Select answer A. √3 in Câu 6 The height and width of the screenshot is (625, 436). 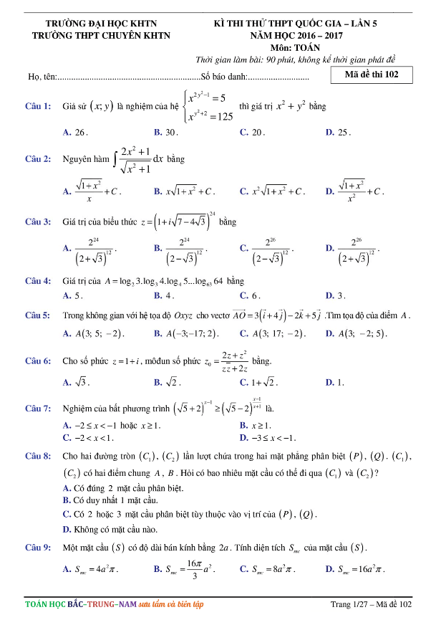[76, 383]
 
